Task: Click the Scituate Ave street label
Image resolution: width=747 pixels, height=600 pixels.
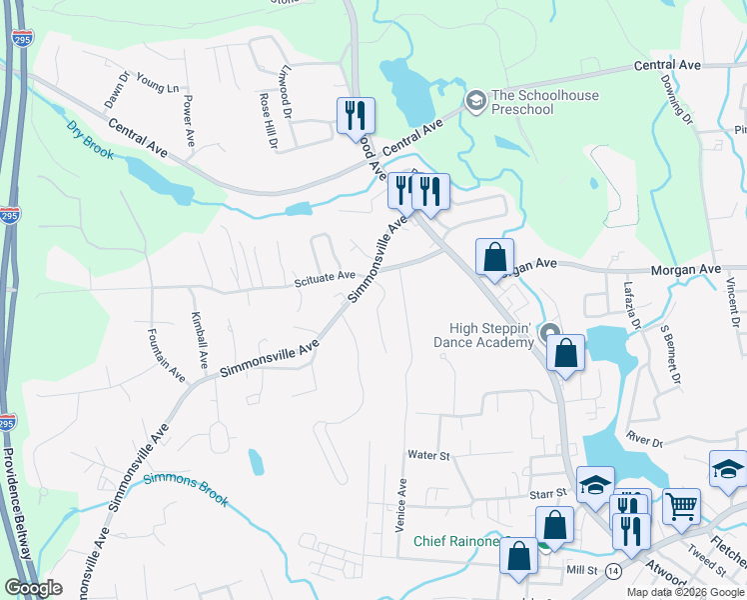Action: pyautogui.click(x=325, y=276)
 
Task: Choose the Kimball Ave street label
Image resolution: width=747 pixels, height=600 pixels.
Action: pyautogui.click(x=198, y=338)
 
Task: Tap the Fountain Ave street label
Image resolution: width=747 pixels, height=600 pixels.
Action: pyautogui.click(x=166, y=355)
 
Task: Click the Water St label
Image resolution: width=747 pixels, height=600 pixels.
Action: pyautogui.click(x=428, y=455)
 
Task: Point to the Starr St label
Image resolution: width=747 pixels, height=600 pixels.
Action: pyautogui.click(x=548, y=493)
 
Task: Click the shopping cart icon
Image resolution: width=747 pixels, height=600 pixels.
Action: pyautogui.click(x=681, y=505)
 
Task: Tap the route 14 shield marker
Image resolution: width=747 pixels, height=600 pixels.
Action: pyautogui.click(x=613, y=570)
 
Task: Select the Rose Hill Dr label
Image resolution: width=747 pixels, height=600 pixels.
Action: pyautogui.click(x=267, y=122)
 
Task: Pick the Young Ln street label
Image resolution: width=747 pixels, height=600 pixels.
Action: pyautogui.click(x=157, y=87)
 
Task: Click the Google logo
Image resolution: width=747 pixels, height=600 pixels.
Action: pyautogui.click(x=33, y=588)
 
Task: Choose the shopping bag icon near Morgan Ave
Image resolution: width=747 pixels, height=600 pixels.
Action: pyautogui.click(x=494, y=257)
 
